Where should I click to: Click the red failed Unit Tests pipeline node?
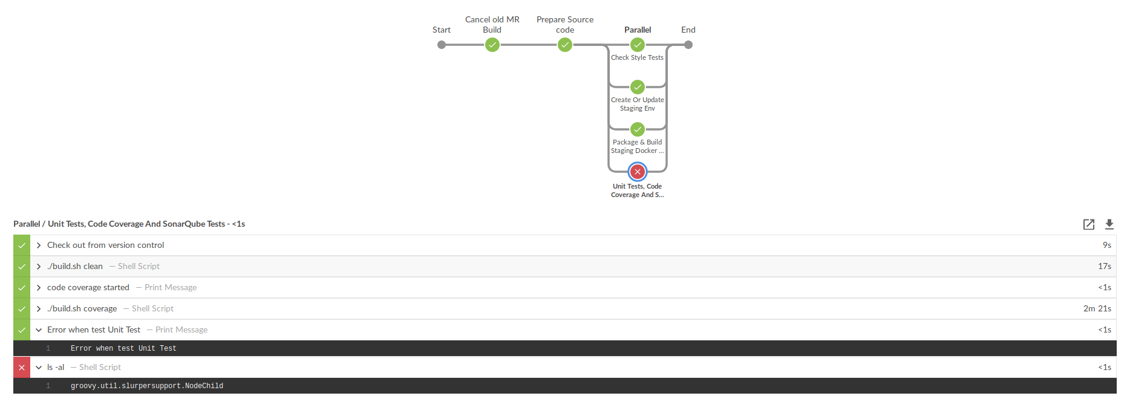pyautogui.click(x=637, y=172)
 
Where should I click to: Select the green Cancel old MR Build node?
pyautogui.click(x=492, y=45)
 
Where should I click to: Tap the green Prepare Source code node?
pyautogui.click(x=565, y=45)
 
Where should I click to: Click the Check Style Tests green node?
pyautogui.click(x=638, y=45)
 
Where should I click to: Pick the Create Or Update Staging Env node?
pyautogui.click(x=638, y=87)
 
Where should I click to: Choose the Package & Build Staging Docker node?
pyautogui.click(x=638, y=129)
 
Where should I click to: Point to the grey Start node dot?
pyautogui.click(x=442, y=45)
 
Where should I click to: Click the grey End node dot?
pyautogui.click(x=688, y=45)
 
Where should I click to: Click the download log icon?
pyautogui.click(x=1109, y=224)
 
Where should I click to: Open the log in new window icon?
pyautogui.click(x=1089, y=224)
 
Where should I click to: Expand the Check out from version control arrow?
pyautogui.click(x=39, y=245)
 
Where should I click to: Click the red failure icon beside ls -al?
pyautogui.click(x=22, y=368)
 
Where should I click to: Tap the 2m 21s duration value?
pyautogui.click(x=1097, y=309)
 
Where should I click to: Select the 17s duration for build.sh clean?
pyautogui.click(x=1105, y=267)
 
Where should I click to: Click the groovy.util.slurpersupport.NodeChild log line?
pyautogui.click(x=147, y=386)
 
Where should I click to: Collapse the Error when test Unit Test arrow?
pyautogui.click(x=39, y=330)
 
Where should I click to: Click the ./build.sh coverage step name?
pyautogui.click(x=82, y=309)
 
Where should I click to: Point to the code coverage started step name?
pyautogui.click(x=88, y=288)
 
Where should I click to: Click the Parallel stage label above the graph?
pyautogui.click(x=638, y=30)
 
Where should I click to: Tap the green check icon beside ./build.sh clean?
pyautogui.click(x=22, y=267)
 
